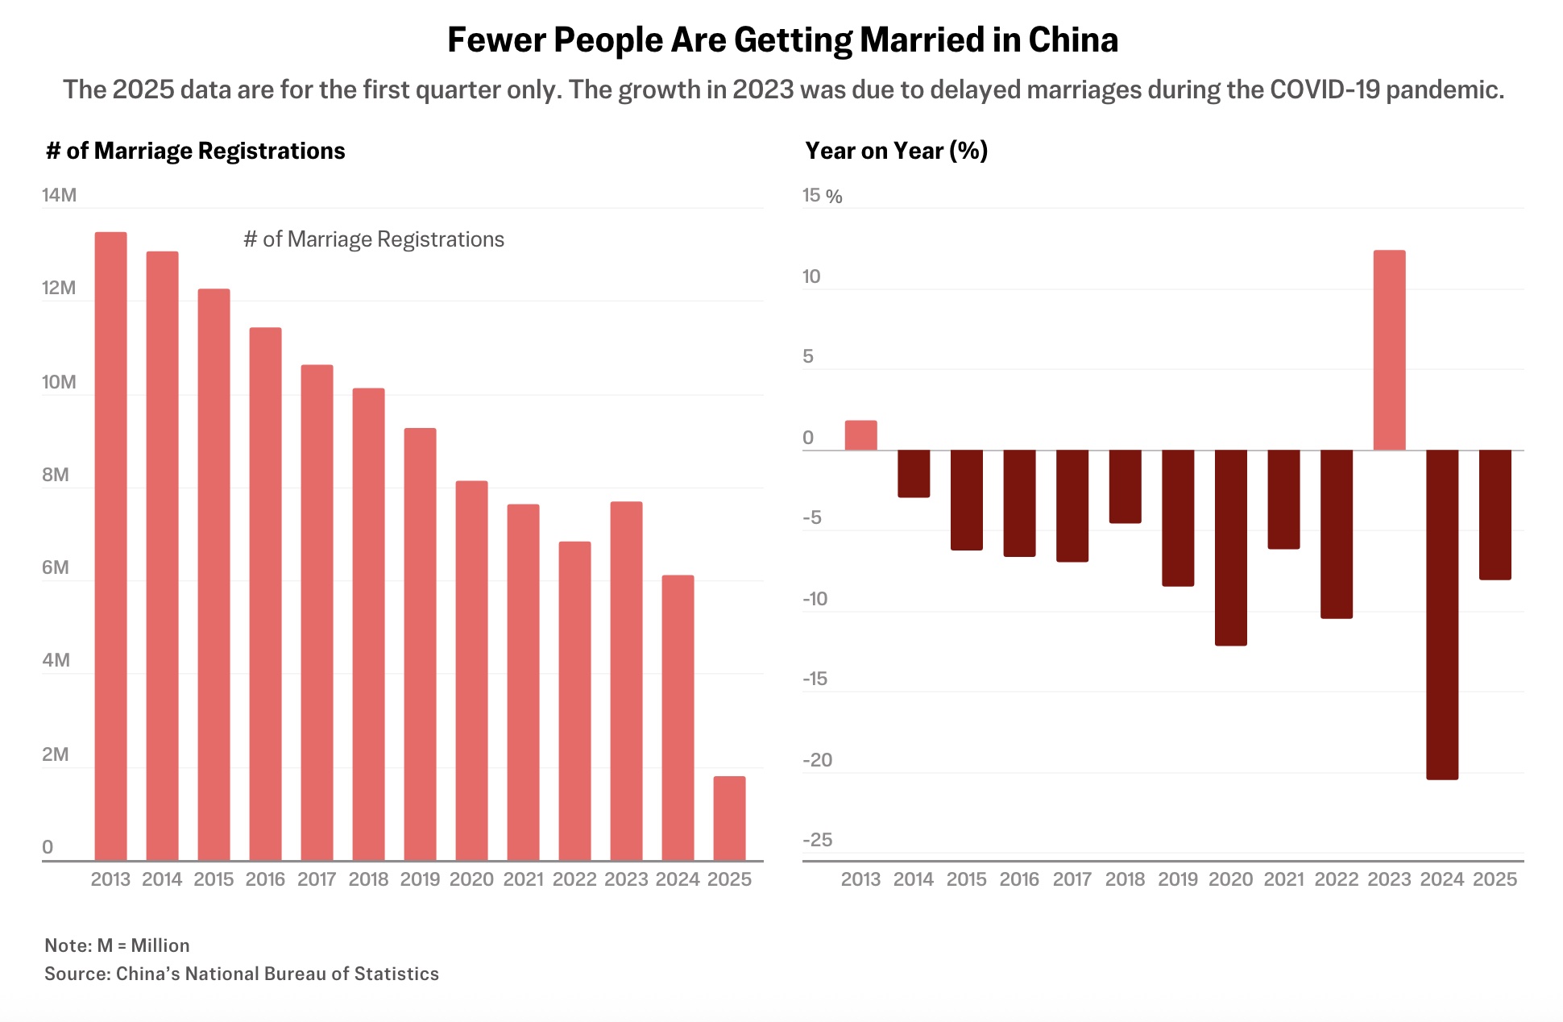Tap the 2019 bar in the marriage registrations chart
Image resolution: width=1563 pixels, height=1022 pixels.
coord(420,644)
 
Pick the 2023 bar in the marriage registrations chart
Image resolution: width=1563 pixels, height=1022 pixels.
coord(626,681)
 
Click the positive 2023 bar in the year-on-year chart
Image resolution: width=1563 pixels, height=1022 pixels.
coord(1389,350)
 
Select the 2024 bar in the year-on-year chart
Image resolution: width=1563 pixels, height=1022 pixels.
coord(1442,614)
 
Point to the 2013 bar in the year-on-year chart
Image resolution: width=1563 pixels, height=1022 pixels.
coord(860,435)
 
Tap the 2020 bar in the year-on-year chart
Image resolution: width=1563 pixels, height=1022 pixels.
coord(1230,547)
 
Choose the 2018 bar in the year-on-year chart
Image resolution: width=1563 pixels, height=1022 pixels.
coord(1125,486)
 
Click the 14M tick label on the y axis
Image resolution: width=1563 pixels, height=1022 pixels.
coord(59,195)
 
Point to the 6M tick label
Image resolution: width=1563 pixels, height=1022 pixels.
coord(56,567)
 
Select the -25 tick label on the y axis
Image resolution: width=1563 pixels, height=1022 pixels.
coord(817,840)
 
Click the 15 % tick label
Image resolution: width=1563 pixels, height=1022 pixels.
coord(822,196)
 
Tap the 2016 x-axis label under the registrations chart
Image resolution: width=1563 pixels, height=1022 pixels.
coord(265,879)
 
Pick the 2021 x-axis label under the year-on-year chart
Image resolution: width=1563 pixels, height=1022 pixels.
coord(1283,879)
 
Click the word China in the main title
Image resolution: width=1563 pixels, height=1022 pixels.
coord(1073,40)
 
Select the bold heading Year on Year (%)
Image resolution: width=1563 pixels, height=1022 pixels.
coord(896,151)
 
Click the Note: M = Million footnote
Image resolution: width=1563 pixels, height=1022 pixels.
coord(117,945)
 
